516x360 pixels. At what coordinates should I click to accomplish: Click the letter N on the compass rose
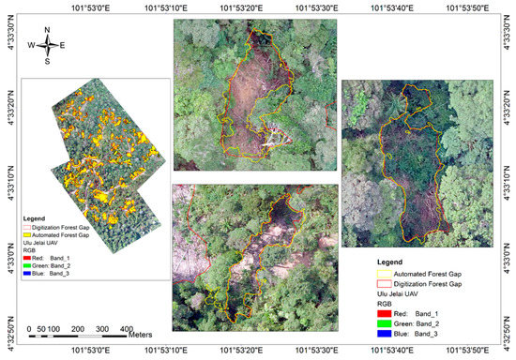48,29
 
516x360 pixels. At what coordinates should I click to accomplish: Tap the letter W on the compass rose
31,45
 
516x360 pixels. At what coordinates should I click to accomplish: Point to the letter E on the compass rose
62,45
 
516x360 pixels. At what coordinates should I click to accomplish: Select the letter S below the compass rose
47,62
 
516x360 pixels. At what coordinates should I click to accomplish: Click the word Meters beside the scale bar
142,332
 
